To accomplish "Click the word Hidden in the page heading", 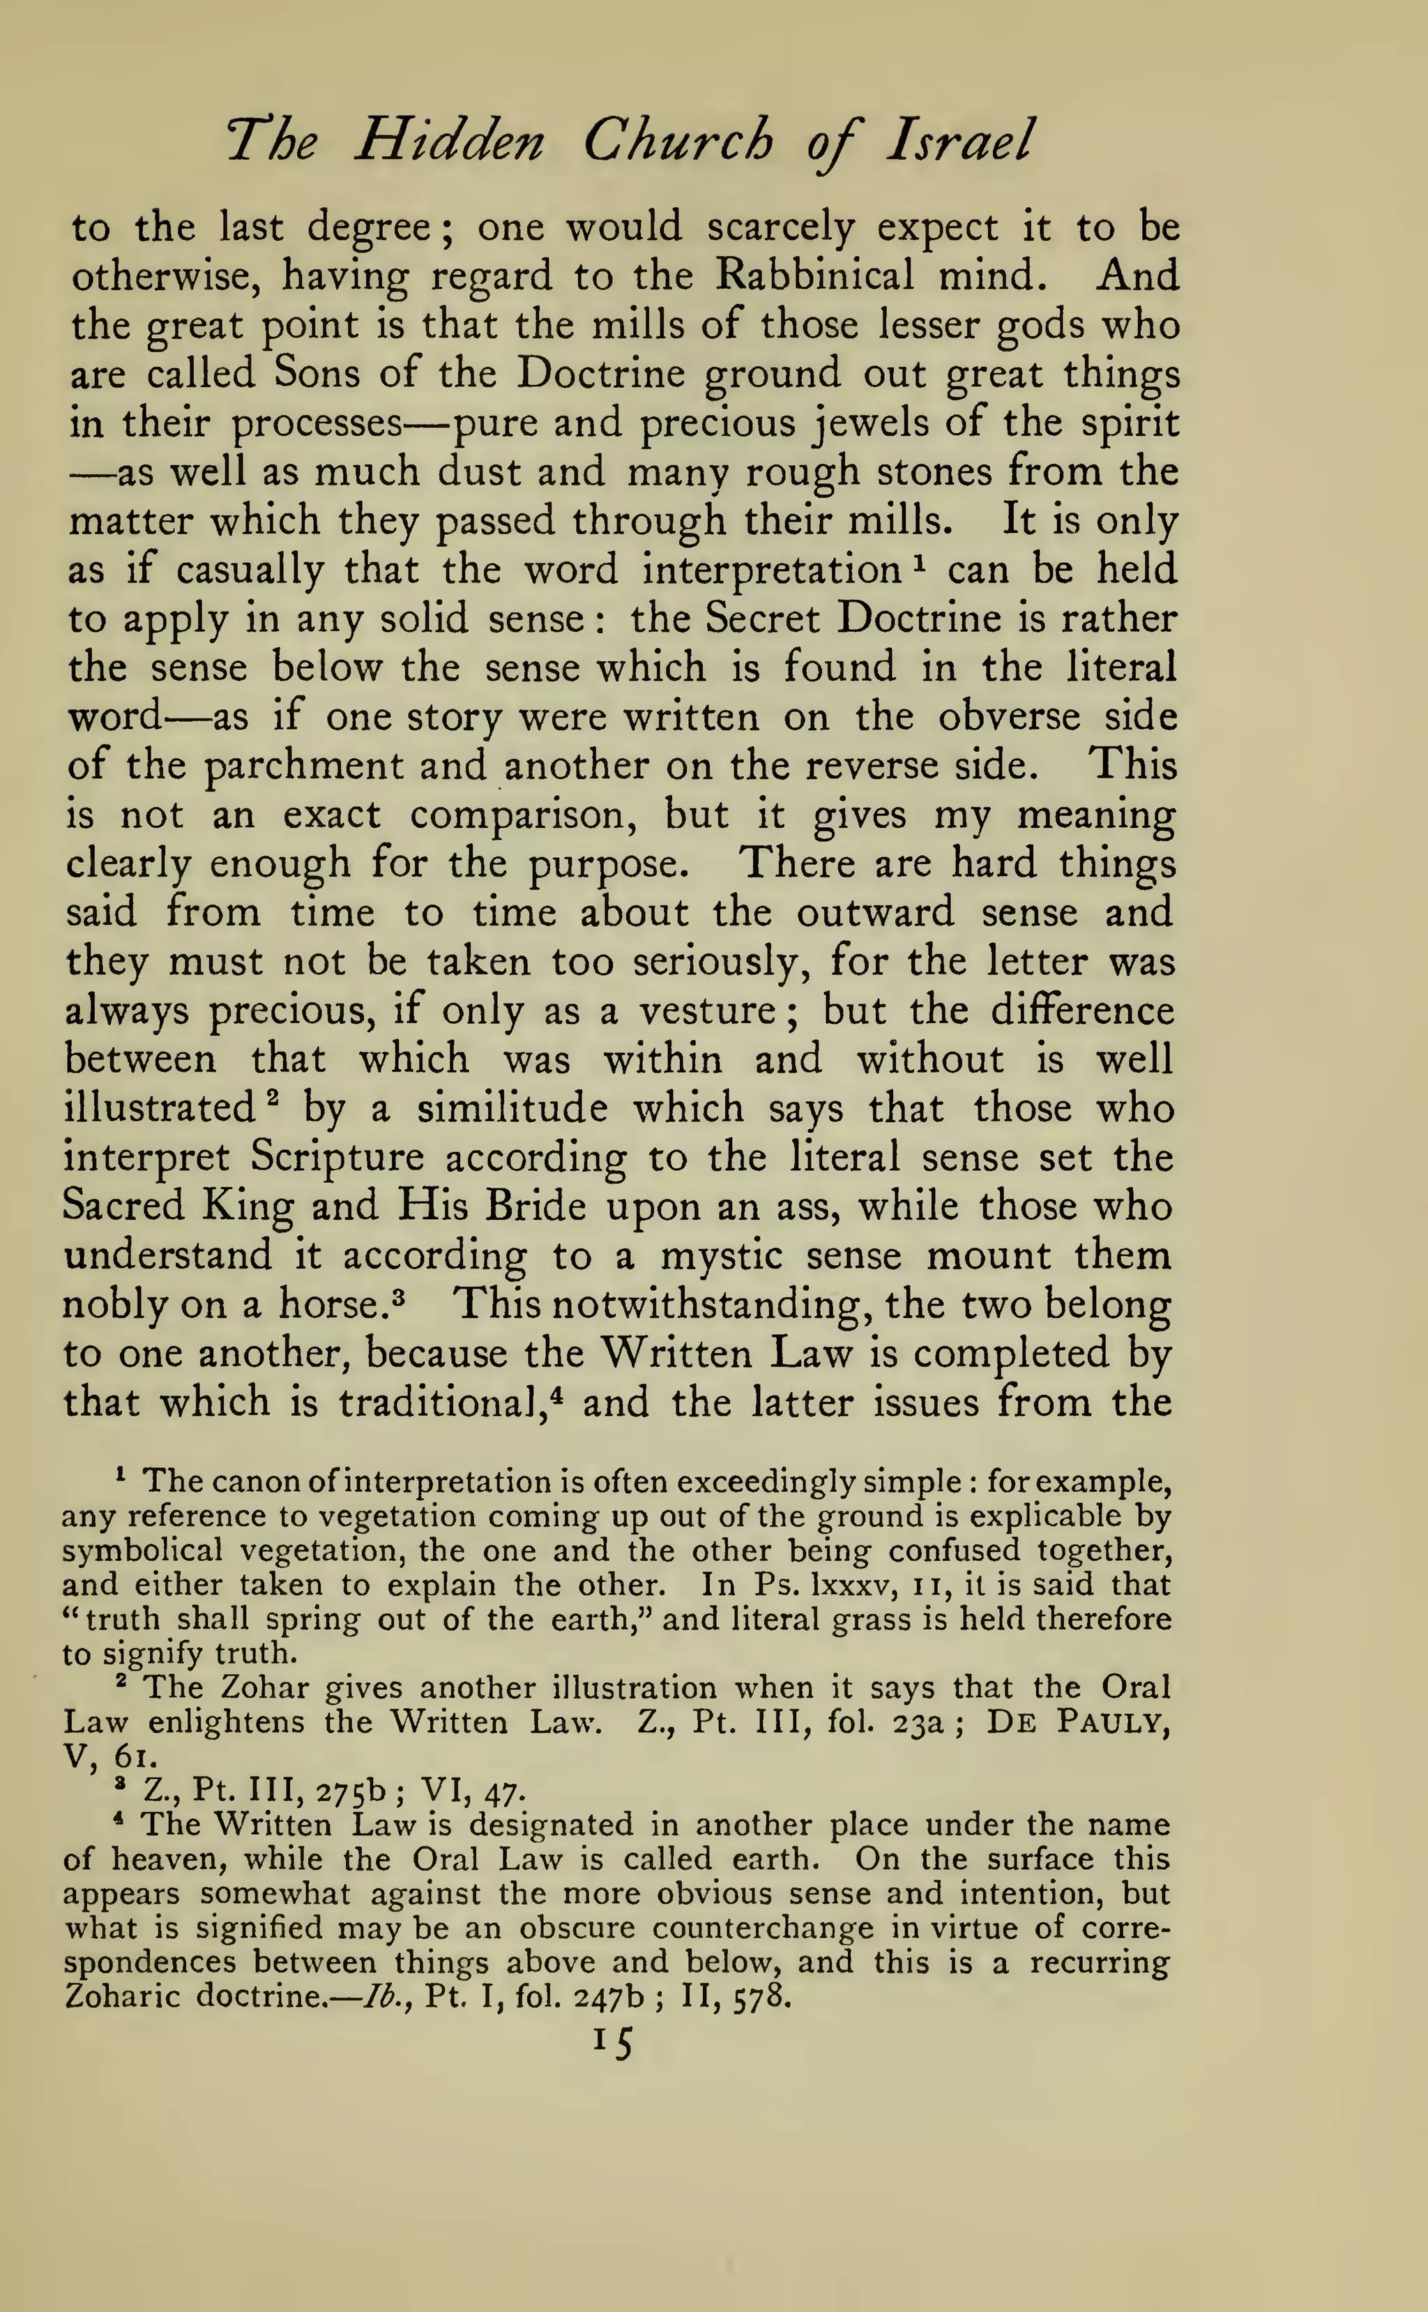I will (450, 142).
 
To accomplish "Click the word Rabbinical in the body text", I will (814, 275).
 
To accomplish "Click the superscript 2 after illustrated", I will (269, 1098).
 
